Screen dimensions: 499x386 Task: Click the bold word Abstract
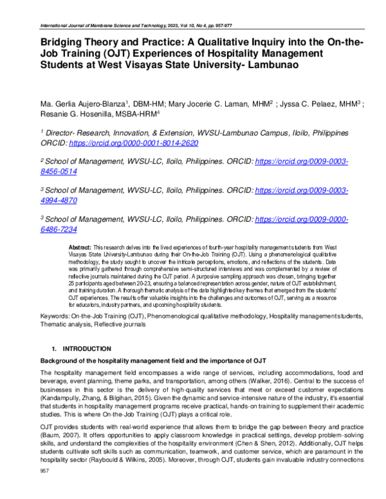80,248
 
